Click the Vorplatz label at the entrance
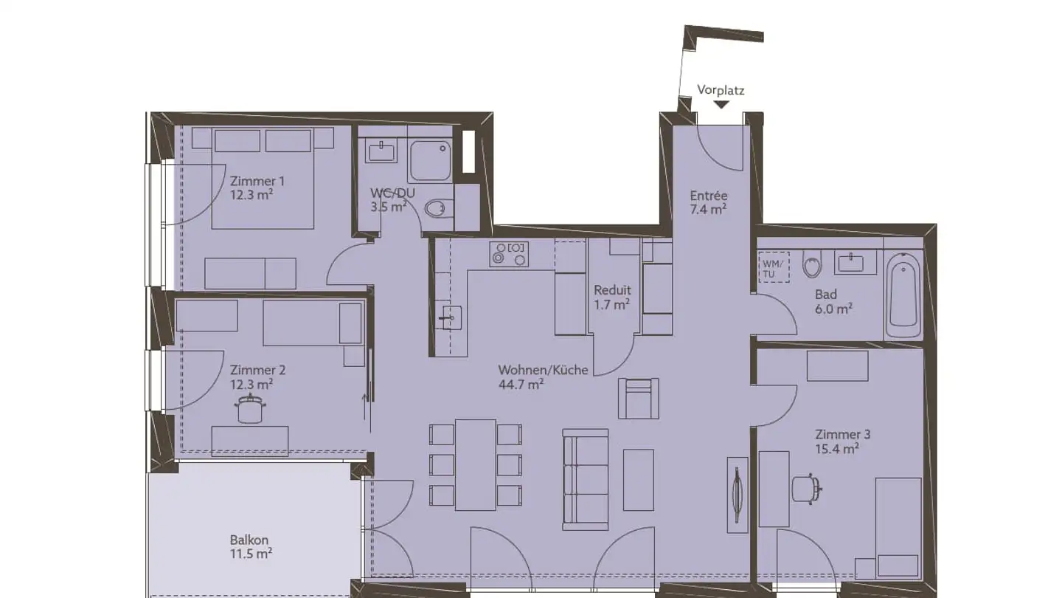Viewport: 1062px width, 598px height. coord(721,91)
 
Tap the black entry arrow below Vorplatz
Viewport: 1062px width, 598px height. coord(721,105)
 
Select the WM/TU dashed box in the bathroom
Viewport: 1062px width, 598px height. coord(774,267)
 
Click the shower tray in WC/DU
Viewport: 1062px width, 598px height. coord(430,159)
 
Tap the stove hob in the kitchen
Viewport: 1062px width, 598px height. coord(508,253)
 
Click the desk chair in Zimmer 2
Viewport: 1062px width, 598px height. coord(249,410)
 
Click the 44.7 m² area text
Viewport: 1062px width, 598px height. coord(521,384)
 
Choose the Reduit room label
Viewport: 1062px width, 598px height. coord(613,290)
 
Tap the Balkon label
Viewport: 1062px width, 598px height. coord(249,540)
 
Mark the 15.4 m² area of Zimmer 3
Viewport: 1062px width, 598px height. coord(836,448)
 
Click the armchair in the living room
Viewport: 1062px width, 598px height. coord(639,398)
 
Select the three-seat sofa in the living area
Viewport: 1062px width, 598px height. coord(586,479)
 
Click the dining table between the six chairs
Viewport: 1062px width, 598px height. coord(475,464)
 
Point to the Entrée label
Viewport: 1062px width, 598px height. coord(709,196)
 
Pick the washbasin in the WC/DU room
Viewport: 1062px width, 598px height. coord(382,152)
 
